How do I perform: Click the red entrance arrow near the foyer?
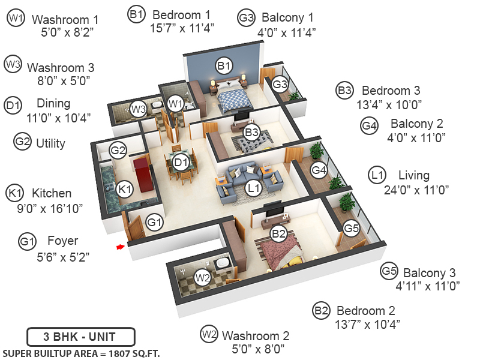point(121,246)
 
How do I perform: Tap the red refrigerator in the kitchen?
point(142,173)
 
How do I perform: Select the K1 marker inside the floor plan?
point(124,189)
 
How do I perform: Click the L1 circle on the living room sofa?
point(254,188)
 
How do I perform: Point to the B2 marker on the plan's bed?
point(278,233)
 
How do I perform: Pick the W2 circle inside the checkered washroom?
point(203,277)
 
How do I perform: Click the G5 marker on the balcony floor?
point(351,228)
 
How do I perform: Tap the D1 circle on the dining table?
point(181,161)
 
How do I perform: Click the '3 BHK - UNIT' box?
point(81,337)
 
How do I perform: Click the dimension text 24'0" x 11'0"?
point(416,190)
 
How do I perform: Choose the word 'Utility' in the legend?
point(50,143)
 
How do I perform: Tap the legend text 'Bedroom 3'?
point(391,91)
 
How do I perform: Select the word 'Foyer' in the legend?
point(62,241)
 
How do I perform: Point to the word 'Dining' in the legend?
point(53,103)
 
